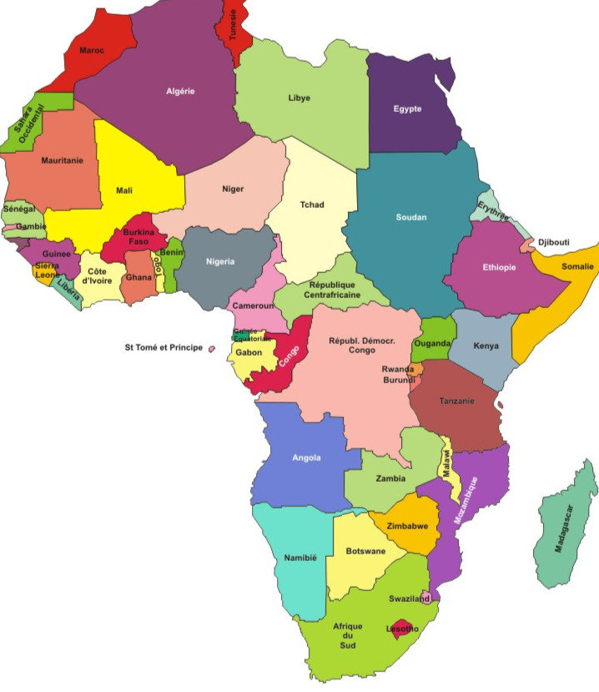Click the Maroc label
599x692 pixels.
pyautogui.click(x=91, y=51)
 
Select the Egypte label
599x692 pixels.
pyautogui.click(x=407, y=109)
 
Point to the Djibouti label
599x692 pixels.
pyautogui.click(x=553, y=242)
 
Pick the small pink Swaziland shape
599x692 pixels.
pyautogui.click(x=425, y=598)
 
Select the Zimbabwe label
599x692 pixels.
pyautogui.click(x=407, y=527)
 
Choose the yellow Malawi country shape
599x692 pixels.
pyautogui.click(x=448, y=464)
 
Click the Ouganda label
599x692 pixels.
pyautogui.click(x=435, y=344)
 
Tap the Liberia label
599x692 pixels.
pyautogui.click(x=68, y=289)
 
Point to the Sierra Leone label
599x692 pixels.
pyautogui.click(x=47, y=270)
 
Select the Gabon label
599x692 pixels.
pyautogui.click(x=248, y=353)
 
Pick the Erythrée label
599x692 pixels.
pyautogui.click(x=493, y=210)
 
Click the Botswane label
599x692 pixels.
pyautogui.click(x=365, y=552)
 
